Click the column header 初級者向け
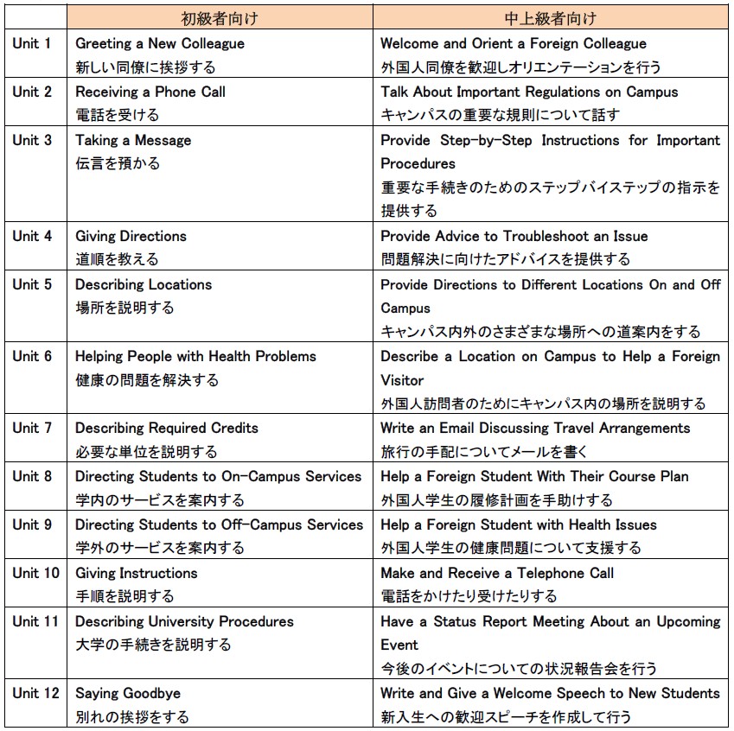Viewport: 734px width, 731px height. click(220, 17)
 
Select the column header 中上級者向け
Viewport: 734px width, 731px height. click(550, 17)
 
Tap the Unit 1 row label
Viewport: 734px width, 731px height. click(32, 43)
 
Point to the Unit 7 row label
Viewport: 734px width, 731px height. click(32, 428)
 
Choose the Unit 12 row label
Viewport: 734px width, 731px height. click(35, 693)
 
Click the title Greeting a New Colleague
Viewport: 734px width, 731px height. click(160, 43)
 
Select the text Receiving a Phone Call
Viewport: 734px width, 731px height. click(150, 92)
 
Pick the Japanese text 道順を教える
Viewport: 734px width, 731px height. click(117, 259)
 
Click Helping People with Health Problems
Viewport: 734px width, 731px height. click(195, 356)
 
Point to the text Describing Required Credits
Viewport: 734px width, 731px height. click(167, 428)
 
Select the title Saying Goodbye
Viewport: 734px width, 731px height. click(128, 693)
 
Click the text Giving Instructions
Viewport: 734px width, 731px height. click(137, 573)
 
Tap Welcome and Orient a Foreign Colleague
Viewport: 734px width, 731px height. click(514, 43)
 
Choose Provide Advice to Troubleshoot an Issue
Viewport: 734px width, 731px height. click(514, 236)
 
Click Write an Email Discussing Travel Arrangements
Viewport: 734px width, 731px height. click(535, 428)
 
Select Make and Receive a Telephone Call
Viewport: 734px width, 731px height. click(497, 573)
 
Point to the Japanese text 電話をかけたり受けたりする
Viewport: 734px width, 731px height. click(469, 596)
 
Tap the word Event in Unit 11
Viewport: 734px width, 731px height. click(399, 645)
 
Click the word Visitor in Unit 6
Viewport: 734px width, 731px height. click(402, 380)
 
